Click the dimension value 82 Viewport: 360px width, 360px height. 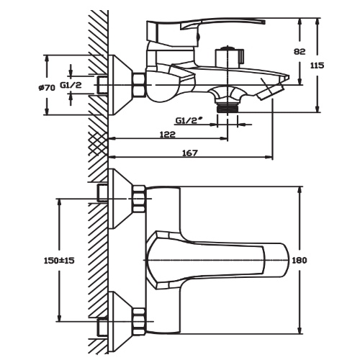[300, 51]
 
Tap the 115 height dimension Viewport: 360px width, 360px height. [317, 66]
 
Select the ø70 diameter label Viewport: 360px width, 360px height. [47, 88]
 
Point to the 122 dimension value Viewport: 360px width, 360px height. [168, 135]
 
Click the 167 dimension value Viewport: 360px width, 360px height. [190, 153]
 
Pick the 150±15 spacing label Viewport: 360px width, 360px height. [59, 260]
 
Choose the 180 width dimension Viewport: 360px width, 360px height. [300, 260]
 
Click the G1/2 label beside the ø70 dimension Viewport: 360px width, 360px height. [71, 85]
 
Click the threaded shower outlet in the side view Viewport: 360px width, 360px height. [228, 107]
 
